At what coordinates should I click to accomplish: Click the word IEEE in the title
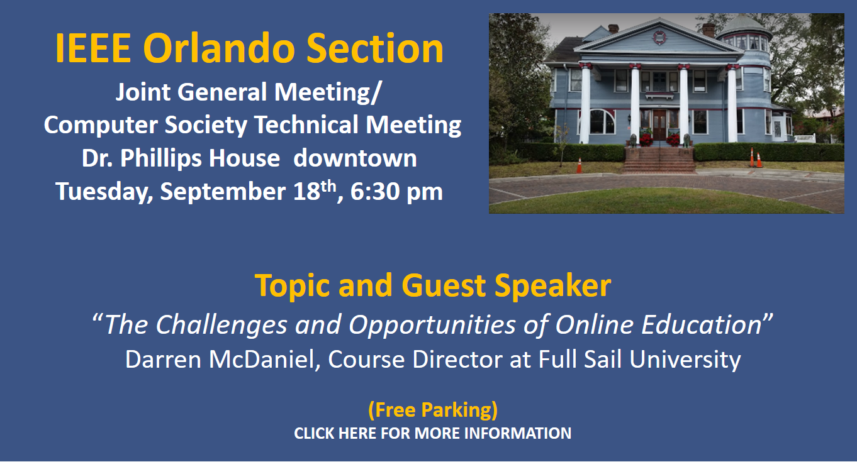tap(93, 48)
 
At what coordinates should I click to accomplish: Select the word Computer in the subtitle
tap(101, 126)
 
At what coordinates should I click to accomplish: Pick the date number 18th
tap(315, 190)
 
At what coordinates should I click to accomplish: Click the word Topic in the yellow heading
tap(292, 286)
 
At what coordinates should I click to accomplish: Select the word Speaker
tap(552, 285)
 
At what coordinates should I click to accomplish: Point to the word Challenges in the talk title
tap(221, 326)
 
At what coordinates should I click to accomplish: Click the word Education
tap(702, 324)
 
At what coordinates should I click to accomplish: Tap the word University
tap(685, 360)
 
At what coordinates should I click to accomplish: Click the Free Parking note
tap(433, 410)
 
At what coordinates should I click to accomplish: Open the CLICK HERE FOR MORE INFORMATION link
tap(433, 433)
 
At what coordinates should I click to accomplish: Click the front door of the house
tap(659, 125)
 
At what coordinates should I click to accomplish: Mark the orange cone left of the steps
tap(580, 165)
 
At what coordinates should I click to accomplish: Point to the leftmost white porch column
tap(585, 104)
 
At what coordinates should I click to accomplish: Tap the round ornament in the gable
tap(659, 38)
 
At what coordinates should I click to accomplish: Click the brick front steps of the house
tap(659, 160)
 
